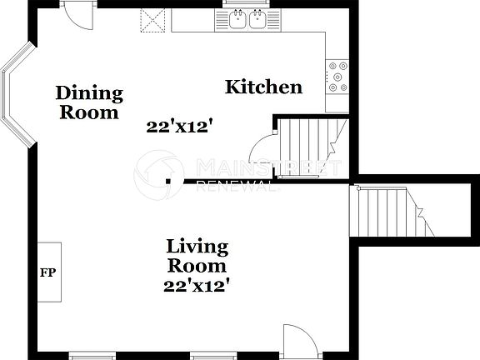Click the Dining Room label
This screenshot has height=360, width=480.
pyautogui.click(x=89, y=102)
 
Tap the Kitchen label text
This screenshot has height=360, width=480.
pyautogui.click(x=263, y=87)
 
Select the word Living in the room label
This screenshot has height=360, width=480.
pyautogui.click(x=197, y=247)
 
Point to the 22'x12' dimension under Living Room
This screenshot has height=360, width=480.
pyautogui.click(x=197, y=284)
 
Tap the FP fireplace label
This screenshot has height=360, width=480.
pyautogui.click(x=48, y=272)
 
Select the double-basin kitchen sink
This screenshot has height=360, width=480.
pyautogui.click(x=247, y=19)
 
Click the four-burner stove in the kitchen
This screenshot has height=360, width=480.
pyautogui.click(x=337, y=76)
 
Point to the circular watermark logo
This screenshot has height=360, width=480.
pyautogui.click(x=159, y=175)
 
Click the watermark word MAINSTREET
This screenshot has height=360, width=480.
pyautogui.click(x=267, y=167)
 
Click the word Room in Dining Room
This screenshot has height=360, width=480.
pyautogui.click(x=89, y=112)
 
